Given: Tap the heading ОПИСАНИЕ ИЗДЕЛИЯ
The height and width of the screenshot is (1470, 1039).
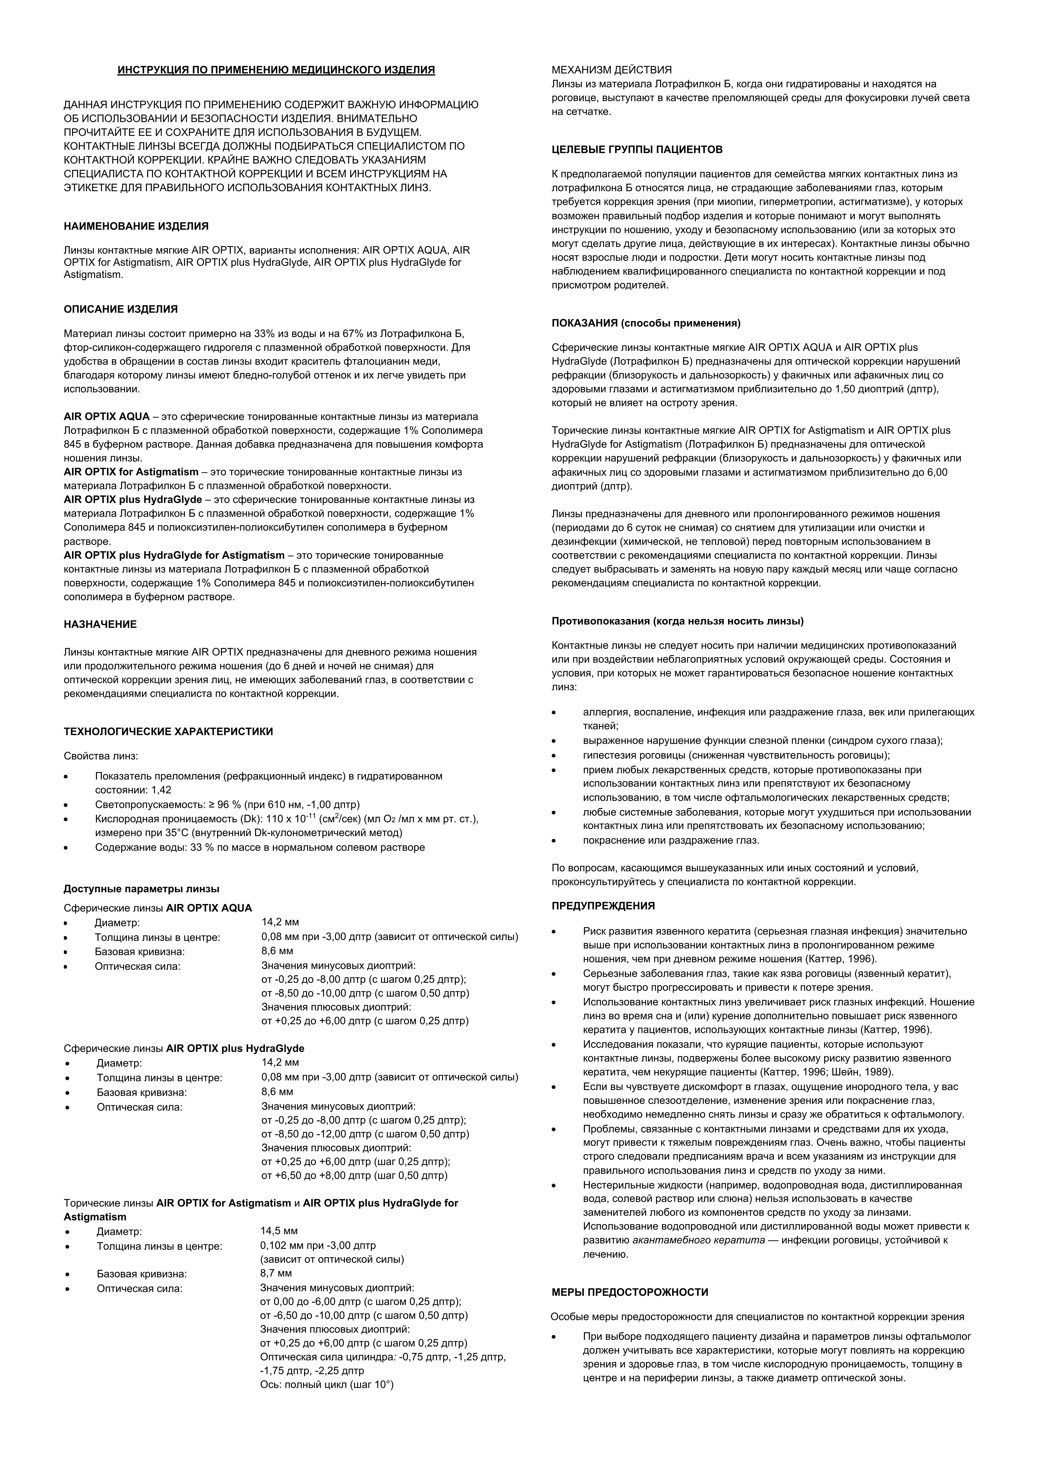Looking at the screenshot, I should tap(120, 309).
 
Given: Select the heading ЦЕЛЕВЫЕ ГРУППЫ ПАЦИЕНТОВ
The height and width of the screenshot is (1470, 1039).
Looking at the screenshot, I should tap(637, 150).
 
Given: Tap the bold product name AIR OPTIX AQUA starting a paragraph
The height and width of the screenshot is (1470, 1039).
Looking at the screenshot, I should tap(106, 417).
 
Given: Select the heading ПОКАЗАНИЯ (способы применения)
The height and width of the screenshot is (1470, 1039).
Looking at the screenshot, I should tap(646, 323).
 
